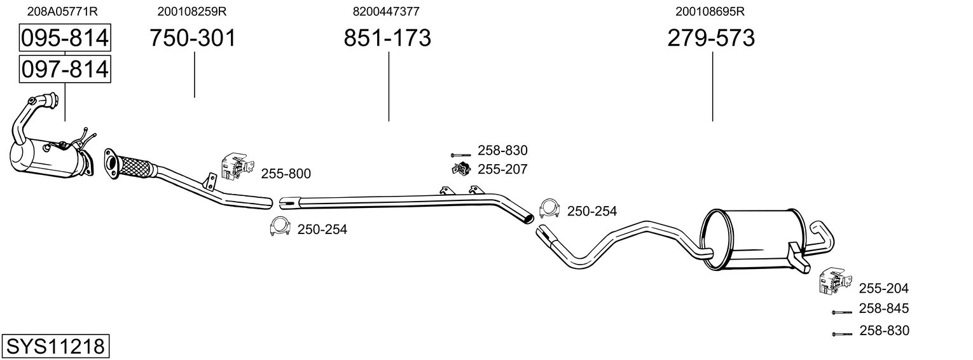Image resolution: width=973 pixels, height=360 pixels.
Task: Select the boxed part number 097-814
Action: [65, 69]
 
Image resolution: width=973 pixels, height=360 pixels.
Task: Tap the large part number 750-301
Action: [193, 38]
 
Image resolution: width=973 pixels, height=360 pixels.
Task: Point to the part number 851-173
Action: [387, 38]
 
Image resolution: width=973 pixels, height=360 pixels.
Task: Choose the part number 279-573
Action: [711, 38]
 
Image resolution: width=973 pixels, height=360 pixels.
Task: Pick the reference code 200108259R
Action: [192, 11]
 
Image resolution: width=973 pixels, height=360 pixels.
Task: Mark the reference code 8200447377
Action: [386, 11]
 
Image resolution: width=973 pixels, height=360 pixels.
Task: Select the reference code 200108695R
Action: [710, 11]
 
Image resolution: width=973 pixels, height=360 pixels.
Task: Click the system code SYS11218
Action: [55, 347]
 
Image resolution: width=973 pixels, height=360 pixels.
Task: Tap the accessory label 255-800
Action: [286, 174]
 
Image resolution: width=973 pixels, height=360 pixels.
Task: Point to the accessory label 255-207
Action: [502, 169]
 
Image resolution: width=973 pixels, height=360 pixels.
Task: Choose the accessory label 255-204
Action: [884, 288]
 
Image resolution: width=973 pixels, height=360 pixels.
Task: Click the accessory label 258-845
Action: [884, 308]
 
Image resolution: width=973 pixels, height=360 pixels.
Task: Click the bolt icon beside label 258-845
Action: [841, 312]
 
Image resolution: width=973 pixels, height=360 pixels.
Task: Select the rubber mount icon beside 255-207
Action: [460, 169]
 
